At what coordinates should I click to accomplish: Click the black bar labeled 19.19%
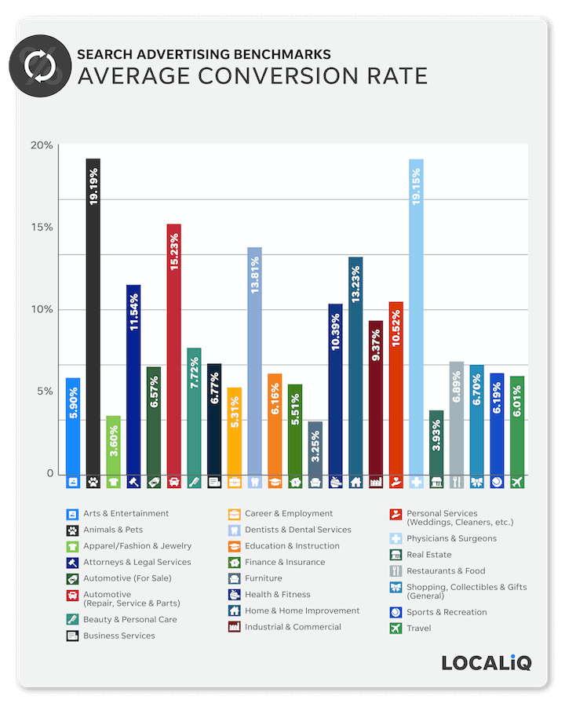pyautogui.click(x=93, y=314)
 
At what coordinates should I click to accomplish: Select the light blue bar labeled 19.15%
pyautogui.click(x=416, y=314)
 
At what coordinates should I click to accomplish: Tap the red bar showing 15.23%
pyautogui.click(x=173, y=345)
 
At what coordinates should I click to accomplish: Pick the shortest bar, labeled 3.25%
pyautogui.click(x=315, y=447)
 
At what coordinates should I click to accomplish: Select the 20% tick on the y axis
pyautogui.click(x=42, y=145)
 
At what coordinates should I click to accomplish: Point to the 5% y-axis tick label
pyautogui.click(x=44, y=392)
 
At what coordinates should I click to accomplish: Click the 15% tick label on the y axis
pyautogui.click(x=42, y=228)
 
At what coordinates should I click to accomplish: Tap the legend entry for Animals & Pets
pyautogui.click(x=110, y=530)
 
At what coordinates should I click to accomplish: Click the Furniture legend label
pyautogui.click(x=263, y=578)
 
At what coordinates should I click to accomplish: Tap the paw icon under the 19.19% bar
pyautogui.click(x=93, y=483)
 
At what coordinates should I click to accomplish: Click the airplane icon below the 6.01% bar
pyautogui.click(x=516, y=483)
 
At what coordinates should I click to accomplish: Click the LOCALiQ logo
pyautogui.click(x=486, y=662)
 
